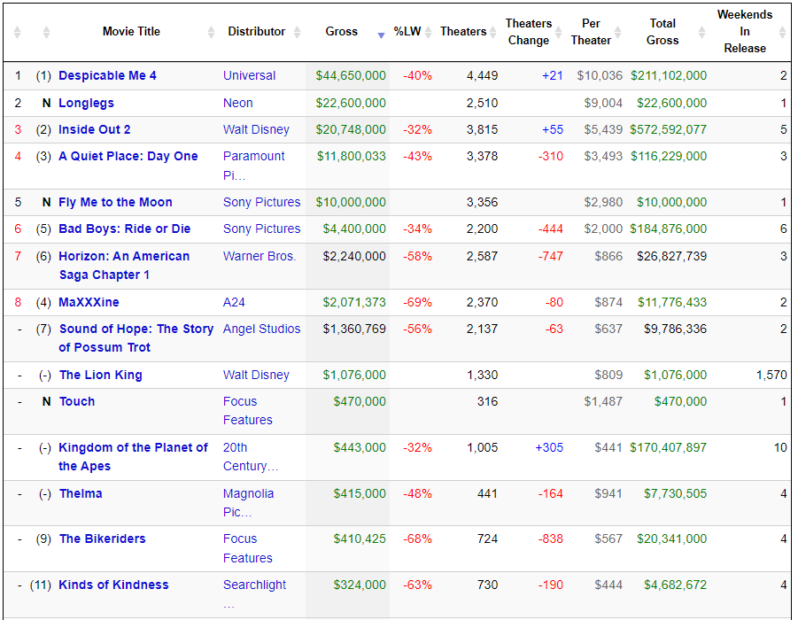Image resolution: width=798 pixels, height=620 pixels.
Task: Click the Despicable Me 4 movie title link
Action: [107, 75]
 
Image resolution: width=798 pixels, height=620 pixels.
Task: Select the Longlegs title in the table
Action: [86, 103]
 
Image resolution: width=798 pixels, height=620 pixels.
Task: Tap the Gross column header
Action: [342, 32]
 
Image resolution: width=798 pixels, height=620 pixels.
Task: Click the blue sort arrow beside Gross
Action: [381, 35]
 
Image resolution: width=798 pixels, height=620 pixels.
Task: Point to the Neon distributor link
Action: [237, 103]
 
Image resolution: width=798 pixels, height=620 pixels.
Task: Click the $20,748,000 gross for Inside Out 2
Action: [351, 130]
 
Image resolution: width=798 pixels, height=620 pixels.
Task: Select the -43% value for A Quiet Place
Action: [417, 156]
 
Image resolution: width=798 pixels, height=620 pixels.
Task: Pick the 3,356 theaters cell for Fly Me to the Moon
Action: [482, 202]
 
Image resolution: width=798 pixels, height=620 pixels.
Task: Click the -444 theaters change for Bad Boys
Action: [551, 229]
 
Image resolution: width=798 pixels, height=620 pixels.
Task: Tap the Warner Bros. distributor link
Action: [259, 256]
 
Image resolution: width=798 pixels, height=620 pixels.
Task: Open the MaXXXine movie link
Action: [89, 302]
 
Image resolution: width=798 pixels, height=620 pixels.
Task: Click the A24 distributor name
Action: [234, 302]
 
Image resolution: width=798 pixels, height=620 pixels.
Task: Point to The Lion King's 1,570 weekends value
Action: [771, 376]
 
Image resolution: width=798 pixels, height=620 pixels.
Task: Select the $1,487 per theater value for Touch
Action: [603, 401]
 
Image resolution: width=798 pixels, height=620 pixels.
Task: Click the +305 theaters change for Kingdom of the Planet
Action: [549, 447]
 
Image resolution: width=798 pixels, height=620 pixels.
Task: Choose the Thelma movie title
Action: [81, 493]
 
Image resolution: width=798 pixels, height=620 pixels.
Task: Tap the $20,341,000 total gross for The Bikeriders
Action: [671, 539]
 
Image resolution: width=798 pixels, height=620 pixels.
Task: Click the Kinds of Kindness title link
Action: [113, 585]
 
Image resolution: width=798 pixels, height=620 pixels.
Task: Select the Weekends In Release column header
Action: [745, 32]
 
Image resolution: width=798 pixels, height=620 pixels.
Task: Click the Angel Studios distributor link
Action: [261, 329]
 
